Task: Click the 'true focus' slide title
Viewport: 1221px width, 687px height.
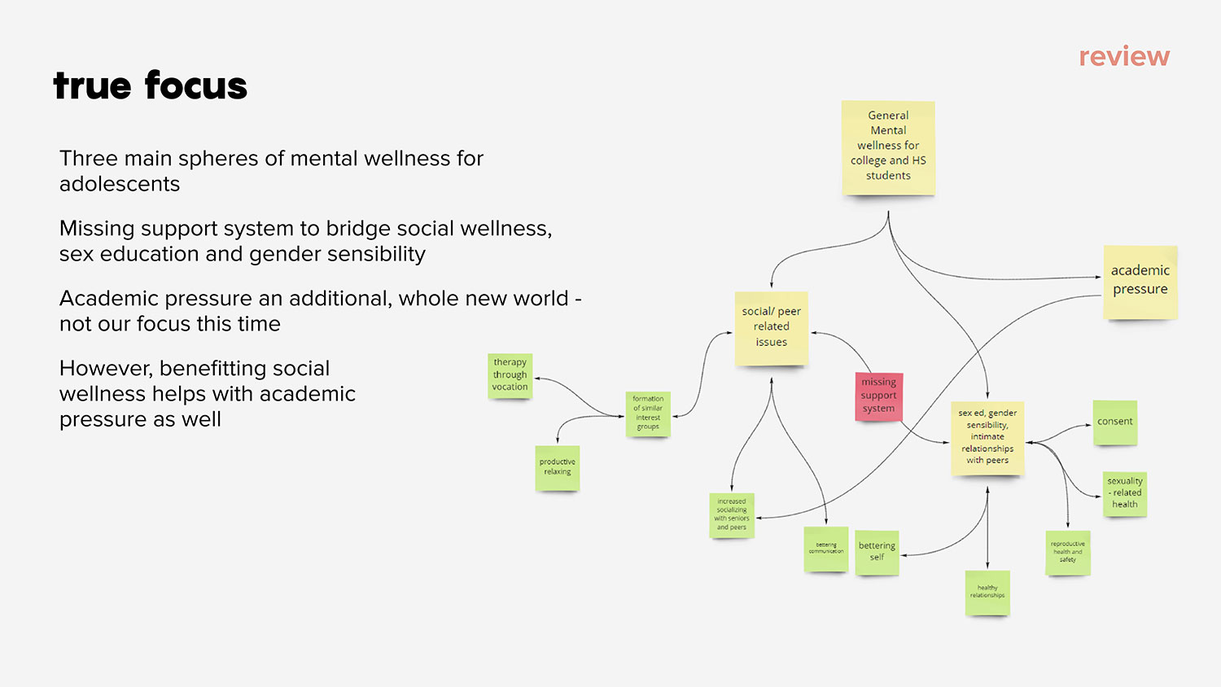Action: tap(150, 85)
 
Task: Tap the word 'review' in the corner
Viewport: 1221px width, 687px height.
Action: tap(1124, 56)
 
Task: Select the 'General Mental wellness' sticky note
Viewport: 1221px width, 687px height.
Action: tap(888, 147)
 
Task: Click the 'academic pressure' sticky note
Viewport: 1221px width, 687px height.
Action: tap(1140, 281)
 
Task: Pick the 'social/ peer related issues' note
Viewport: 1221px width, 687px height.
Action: tap(771, 327)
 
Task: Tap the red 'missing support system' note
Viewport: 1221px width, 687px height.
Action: tap(878, 396)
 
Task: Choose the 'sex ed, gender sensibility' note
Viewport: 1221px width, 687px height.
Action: tap(987, 437)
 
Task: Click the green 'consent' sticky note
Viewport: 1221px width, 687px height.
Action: tap(1114, 422)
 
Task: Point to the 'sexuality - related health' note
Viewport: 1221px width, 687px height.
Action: tap(1125, 493)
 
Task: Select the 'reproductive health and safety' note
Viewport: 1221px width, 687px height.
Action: tap(1067, 553)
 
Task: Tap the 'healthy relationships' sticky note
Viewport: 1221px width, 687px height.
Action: tap(987, 592)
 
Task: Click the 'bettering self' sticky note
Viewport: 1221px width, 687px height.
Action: tap(877, 552)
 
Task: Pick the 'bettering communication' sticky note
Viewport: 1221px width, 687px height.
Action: tap(826, 549)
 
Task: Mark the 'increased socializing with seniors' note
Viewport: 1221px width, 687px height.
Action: tap(732, 514)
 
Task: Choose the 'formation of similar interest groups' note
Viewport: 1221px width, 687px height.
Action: tap(648, 414)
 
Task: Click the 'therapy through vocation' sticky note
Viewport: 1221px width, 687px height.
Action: tap(510, 375)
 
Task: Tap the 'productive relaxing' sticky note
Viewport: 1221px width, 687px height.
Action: tap(557, 467)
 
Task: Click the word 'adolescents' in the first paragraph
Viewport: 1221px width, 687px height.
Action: tap(120, 184)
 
